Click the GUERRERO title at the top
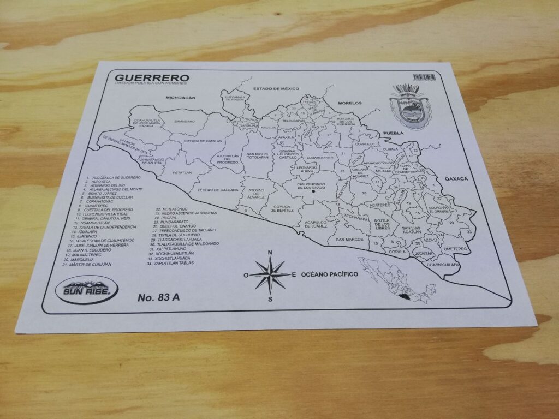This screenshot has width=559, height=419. pyautogui.click(x=145, y=77)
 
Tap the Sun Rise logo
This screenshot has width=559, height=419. pyautogui.click(x=86, y=290)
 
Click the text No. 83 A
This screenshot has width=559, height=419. pyautogui.click(x=158, y=297)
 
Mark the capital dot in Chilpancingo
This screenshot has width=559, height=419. pyautogui.click(x=313, y=191)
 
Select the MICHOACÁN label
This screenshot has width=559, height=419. pyautogui.click(x=180, y=98)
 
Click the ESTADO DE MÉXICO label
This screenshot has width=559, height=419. pyautogui.click(x=277, y=88)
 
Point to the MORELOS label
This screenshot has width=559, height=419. pyautogui.click(x=350, y=103)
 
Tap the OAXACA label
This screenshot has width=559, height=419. pyautogui.click(x=457, y=178)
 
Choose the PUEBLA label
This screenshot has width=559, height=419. pyautogui.click(x=393, y=133)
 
